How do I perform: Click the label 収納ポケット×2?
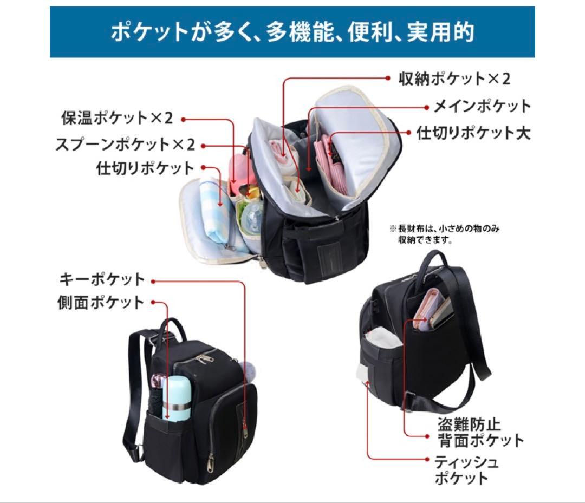[x=454, y=79]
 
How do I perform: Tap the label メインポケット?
[x=482, y=106]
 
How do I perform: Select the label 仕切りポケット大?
[x=473, y=133]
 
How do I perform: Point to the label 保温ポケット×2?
[x=117, y=118]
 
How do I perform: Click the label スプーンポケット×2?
[x=125, y=145]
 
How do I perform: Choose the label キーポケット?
[x=102, y=279]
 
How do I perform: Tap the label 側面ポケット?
[x=101, y=303]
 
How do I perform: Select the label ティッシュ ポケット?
[x=466, y=471]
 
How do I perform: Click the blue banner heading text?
[x=292, y=32]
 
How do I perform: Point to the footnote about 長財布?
[x=444, y=234]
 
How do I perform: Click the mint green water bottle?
[x=176, y=399]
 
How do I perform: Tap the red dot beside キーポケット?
[x=153, y=282]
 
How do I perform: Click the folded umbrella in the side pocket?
[x=158, y=396]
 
